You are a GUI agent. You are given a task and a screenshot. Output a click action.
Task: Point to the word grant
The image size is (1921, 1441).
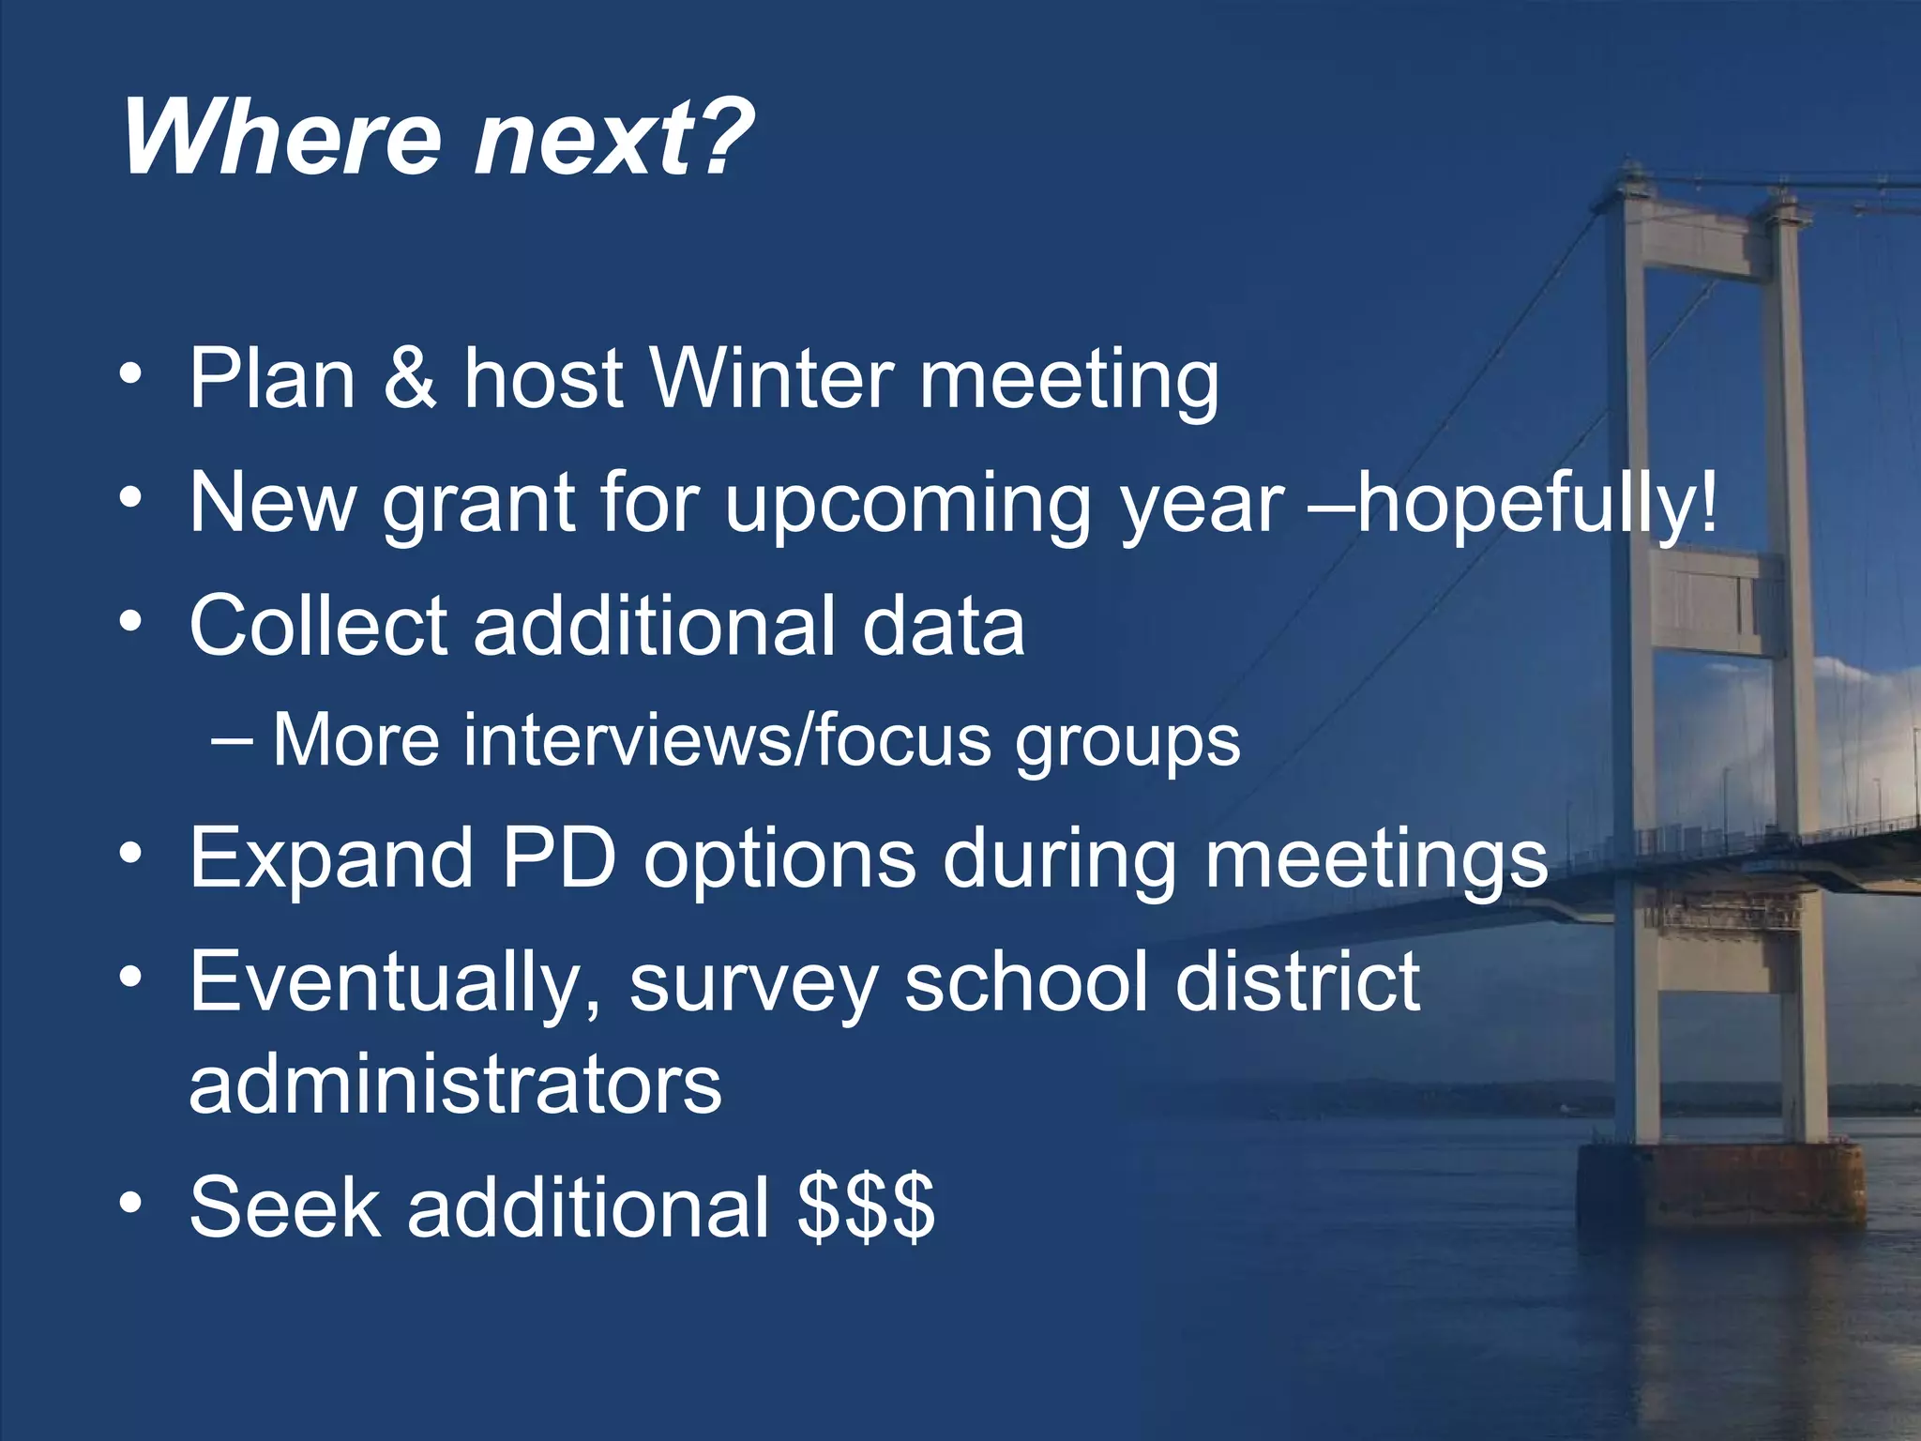(478, 504)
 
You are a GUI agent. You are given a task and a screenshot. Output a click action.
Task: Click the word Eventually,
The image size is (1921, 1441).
(394, 982)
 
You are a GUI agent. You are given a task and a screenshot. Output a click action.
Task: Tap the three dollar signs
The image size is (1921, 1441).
(866, 1207)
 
